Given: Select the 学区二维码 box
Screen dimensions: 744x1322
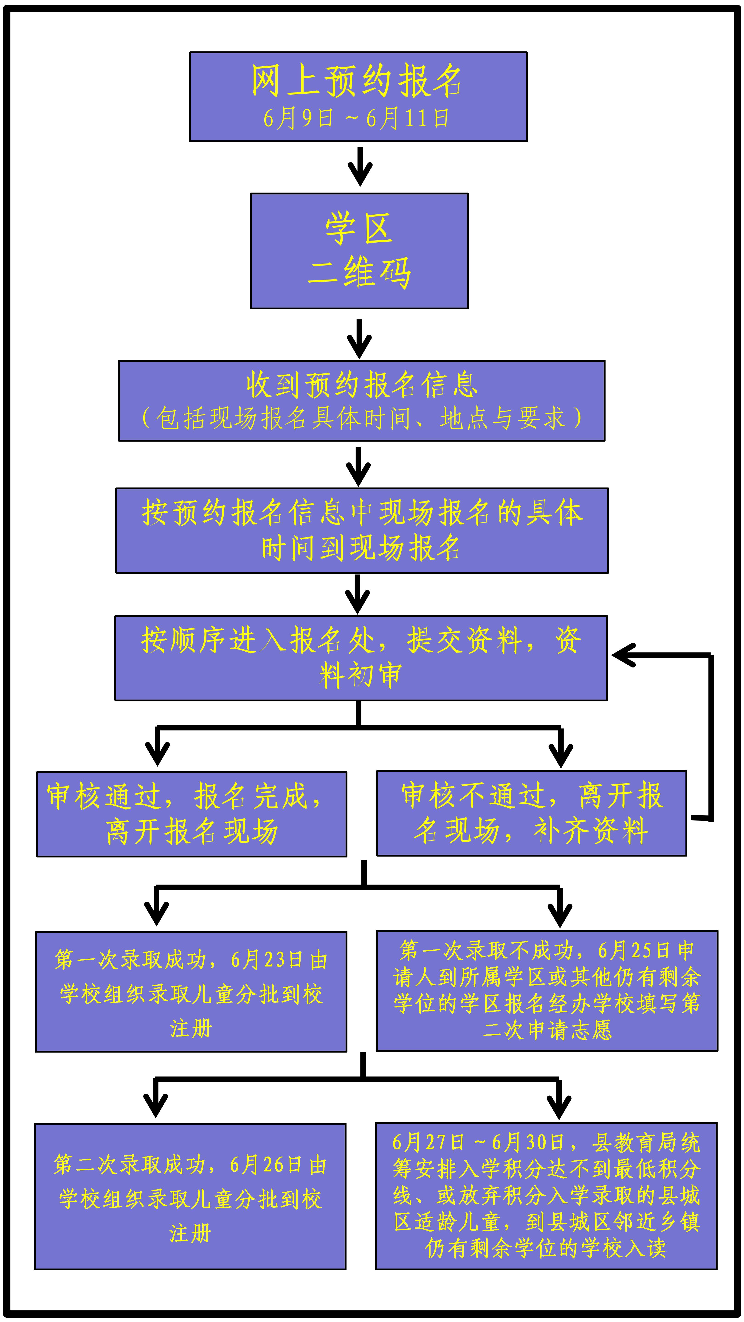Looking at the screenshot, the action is [359, 251].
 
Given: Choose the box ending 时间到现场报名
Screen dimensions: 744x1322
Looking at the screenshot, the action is [362, 530].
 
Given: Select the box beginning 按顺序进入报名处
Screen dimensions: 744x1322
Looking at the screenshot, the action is [361, 658].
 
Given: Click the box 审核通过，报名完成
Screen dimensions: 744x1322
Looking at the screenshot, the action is [192, 814].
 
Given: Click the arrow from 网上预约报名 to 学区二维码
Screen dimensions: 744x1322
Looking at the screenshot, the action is [360, 166].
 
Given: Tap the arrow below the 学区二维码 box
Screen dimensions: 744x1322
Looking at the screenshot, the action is [359, 339].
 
